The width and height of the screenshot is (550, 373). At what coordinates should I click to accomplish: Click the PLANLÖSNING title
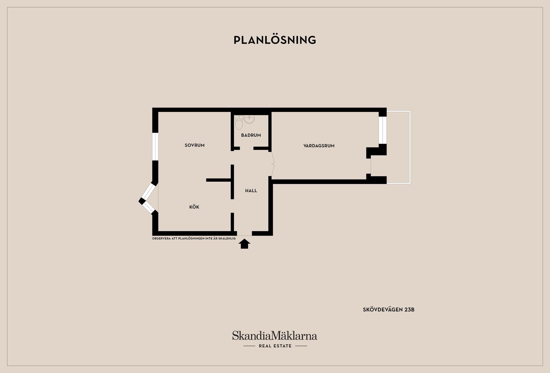pyautogui.click(x=275, y=40)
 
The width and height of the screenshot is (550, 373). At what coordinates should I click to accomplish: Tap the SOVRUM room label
pyautogui.click(x=195, y=145)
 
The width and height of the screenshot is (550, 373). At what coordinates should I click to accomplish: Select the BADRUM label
pyautogui.click(x=251, y=135)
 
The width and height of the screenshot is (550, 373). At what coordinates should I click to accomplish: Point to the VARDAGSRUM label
pyautogui.click(x=319, y=146)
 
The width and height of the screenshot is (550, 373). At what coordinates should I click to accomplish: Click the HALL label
pyautogui.click(x=251, y=191)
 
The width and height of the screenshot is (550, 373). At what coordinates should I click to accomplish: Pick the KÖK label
pyautogui.click(x=194, y=207)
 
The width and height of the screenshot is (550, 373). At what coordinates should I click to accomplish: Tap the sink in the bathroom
pyautogui.click(x=249, y=119)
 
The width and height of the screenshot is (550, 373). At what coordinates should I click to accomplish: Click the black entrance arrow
pyautogui.click(x=244, y=244)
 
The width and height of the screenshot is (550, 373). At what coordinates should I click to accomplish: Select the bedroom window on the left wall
pyautogui.click(x=155, y=146)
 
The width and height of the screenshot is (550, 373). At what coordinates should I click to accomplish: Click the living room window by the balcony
pyautogui.click(x=382, y=130)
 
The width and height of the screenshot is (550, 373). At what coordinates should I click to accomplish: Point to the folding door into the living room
pyautogui.click(x=272, y=164)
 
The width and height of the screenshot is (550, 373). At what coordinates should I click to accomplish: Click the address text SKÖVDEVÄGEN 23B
pyautogui.click(x=388, y=309)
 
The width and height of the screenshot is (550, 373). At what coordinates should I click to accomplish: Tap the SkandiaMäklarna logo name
pyautogui.click(x=274, y=335)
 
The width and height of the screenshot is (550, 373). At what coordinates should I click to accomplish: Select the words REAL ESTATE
pyautogui.click(x=275, y=346)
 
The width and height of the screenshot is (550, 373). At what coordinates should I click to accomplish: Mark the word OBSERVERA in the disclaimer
pyautogui.click(x=161, y=238)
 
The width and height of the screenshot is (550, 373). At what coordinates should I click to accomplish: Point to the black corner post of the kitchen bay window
pyautogui.click(x=142, y=201)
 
